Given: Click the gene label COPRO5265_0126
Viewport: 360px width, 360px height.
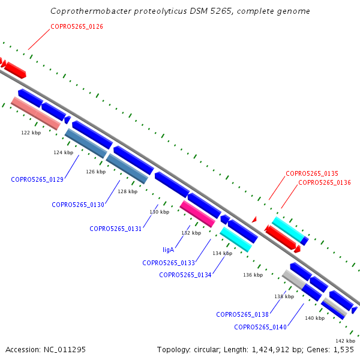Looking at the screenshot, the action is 77,26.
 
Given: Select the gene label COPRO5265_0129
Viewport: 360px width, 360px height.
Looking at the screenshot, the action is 37,179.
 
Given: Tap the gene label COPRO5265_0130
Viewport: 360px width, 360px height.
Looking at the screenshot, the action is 78,205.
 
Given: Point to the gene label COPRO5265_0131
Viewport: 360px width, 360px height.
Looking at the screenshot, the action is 115,229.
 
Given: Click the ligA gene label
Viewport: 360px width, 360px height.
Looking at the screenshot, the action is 168,250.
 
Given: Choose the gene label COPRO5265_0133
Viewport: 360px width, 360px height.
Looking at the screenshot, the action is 169,263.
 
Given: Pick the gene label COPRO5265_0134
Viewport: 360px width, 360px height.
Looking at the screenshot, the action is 185,275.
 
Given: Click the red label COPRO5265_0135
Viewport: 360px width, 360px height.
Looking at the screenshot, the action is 312,173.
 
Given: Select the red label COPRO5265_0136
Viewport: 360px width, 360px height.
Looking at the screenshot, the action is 325,182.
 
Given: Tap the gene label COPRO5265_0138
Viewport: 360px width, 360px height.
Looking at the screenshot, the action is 242,314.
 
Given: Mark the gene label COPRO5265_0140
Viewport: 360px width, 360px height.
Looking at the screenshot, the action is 260,327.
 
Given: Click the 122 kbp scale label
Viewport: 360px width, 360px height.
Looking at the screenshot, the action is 31,133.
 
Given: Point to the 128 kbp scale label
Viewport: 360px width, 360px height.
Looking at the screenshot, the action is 128,191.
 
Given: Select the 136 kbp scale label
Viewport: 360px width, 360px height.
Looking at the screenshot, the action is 253,275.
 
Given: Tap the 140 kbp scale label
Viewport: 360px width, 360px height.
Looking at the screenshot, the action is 315,318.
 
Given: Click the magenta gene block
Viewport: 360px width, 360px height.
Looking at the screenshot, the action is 197,214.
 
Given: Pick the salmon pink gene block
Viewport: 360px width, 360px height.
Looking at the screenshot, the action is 36,113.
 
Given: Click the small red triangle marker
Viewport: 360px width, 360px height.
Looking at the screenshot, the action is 254,220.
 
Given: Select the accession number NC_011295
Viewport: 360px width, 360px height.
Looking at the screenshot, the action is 65,350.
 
